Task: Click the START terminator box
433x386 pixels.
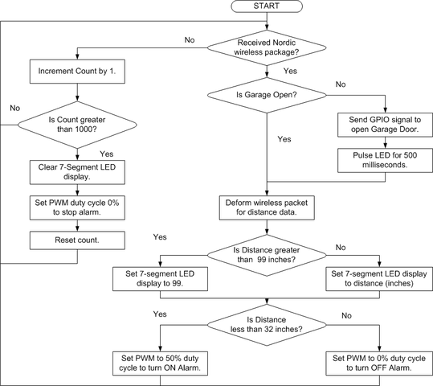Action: coord(267,6)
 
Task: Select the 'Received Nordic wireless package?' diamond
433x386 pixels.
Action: coord(267,47)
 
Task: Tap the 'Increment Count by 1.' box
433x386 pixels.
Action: coord(77,72)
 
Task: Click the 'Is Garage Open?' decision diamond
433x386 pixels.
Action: coord(267,95)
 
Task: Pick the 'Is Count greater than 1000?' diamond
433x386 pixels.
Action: coord(77,125)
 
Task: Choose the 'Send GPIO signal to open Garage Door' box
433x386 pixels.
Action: coord(386,125)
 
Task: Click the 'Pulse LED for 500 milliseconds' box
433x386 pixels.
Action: coord(386,160)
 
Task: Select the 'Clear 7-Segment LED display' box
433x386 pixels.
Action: coord(77,172)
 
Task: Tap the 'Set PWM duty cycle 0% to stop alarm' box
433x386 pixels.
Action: coord(77,208)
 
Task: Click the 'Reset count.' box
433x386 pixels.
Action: coord(77,240)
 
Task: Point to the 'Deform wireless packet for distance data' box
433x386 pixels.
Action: coord(267,208)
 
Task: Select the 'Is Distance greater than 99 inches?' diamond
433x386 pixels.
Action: coord(267,255)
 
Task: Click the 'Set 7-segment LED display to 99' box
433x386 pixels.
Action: coord(160,279)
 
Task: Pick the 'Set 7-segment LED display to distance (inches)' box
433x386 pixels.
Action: coord(379,279)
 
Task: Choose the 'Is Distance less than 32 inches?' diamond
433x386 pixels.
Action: coord(267,325)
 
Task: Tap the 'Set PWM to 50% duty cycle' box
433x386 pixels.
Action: coord(160,363)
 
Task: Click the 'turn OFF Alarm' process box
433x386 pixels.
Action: coord(379,363)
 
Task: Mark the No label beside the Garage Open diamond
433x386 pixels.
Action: coord(341,84)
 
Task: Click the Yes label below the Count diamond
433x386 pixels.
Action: coord(107,154)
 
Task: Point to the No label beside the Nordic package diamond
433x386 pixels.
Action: coord(190,40)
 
